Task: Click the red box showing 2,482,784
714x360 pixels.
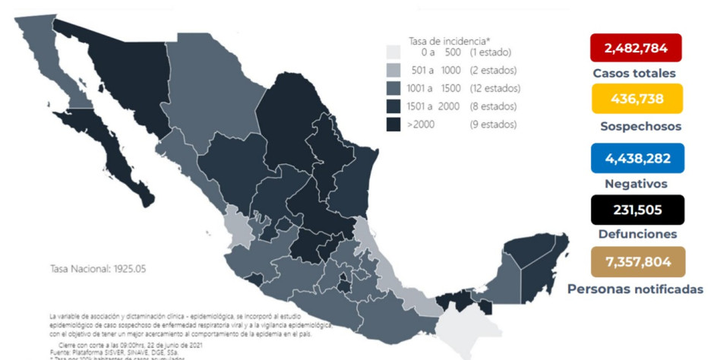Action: click(636, 49)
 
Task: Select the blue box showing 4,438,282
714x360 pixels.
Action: click(636, 158)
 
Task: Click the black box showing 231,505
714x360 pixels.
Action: click(636, 210)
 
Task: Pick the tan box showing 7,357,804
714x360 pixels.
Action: click(636, 262)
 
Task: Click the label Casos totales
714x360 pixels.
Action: click(634, 74)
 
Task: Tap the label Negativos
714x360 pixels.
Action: click(636, 184)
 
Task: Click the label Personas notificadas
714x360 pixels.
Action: click(635, 289)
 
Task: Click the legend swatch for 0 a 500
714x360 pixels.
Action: click(393, 52)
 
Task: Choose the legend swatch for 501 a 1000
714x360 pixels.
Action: click(393, 71)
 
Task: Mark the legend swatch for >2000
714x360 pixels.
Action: click(393, 125)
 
